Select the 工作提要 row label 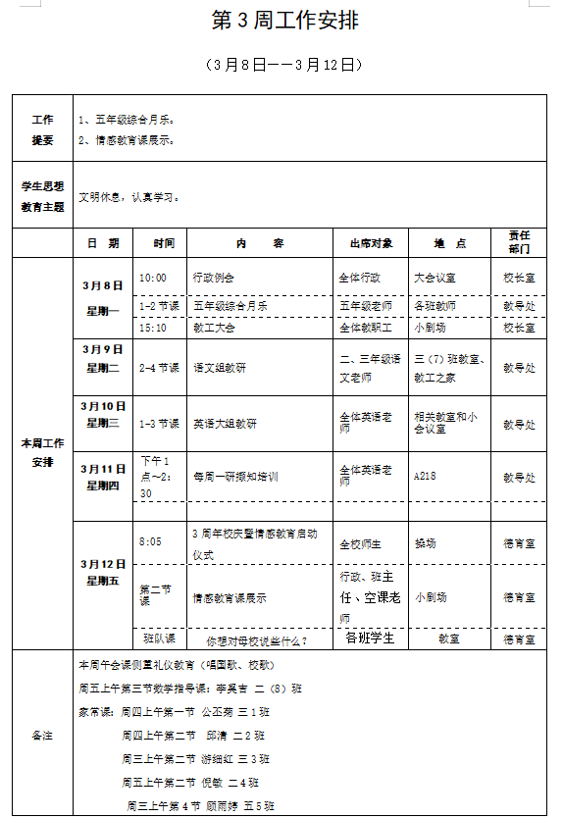[x=42, y=128]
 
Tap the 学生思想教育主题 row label [x=42, y=195]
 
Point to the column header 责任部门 [x=519, y=242]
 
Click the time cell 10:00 [x=153, y=278]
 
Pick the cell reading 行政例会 [x=213, y=278]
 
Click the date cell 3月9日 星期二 [x=102, y=358]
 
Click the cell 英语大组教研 [x=225, y=424]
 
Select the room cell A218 [x=425, y=478]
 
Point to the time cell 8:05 [x=151, y=541]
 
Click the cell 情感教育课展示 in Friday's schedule [x=230, y=597]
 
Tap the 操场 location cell [x=425, y=542]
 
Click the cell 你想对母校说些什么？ [x=256, y=640]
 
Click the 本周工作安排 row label [x=42, y=452]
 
